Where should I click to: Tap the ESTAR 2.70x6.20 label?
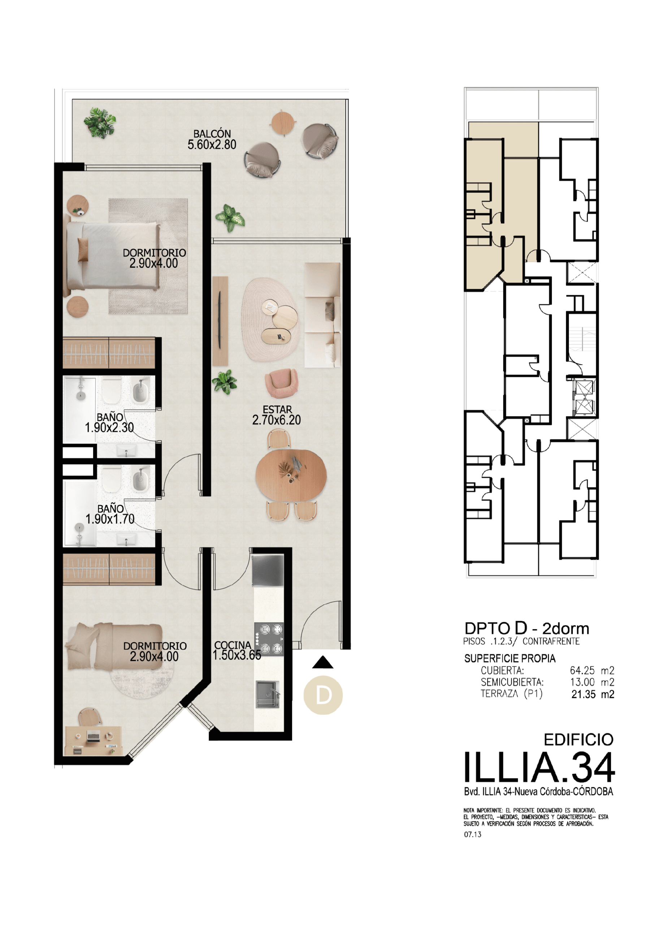[x=276, y=415]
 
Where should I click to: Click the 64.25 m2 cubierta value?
[x=592, y=670]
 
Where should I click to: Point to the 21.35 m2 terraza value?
[x=593, y=694]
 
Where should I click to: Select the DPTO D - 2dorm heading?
[x=527, y=628]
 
